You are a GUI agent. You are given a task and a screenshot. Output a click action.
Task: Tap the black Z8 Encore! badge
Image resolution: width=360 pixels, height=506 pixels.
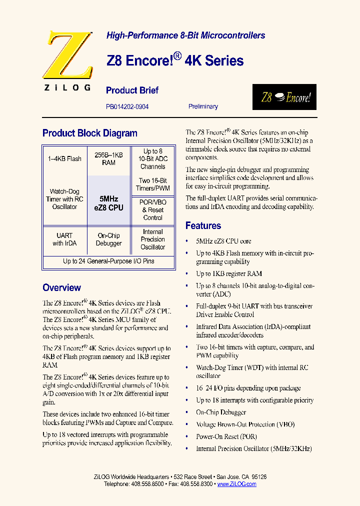click(x=284, y=97)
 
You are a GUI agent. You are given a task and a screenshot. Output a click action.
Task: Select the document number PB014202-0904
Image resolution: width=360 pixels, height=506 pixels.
click(x=127, y=106)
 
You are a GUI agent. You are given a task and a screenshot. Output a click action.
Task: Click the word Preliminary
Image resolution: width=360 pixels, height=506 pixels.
click(x=203, y=106)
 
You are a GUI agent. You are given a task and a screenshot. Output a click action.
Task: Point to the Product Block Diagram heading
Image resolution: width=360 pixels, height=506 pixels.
click(x=90, y=133)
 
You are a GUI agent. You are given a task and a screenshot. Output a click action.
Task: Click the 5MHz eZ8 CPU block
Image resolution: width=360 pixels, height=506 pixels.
click(x=108, y=203)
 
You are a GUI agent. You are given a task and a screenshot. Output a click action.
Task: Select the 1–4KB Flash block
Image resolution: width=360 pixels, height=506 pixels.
click(x=64, y=159)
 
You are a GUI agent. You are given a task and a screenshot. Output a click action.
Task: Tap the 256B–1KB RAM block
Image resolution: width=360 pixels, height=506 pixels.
click(x=108, y=159)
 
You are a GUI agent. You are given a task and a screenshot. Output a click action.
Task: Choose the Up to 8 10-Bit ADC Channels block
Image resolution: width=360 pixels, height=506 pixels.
click(x=152, y=159)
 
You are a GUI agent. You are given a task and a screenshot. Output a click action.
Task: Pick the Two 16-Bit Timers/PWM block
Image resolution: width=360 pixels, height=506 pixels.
click(x=152, y=184)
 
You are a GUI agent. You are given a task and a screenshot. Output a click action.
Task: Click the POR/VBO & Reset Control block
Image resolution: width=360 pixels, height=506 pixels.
click(x=152, y=210)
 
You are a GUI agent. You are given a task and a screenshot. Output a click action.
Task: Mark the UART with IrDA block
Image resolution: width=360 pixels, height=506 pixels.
click(x=64, y=239)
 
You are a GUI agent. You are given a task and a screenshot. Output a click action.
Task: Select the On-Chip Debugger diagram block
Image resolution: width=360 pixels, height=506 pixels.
click(x=108, y=239)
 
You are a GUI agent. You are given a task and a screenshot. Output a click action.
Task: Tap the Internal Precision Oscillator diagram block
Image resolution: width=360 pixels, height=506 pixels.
click(x=152, y=239)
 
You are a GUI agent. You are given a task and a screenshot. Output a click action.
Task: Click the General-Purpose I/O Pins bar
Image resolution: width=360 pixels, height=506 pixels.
click(x=108, y=261)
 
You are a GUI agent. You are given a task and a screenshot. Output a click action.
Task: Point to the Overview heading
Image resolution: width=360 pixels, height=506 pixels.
click(x=61, y=288)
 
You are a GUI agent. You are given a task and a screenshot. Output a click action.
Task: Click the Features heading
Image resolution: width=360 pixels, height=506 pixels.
click(x=203, y=225)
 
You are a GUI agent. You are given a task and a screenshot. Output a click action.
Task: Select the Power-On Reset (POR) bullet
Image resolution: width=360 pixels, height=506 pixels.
click(x=226, y=436)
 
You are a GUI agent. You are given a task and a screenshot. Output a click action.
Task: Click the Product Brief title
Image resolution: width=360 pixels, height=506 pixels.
click(x=132, y=90)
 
